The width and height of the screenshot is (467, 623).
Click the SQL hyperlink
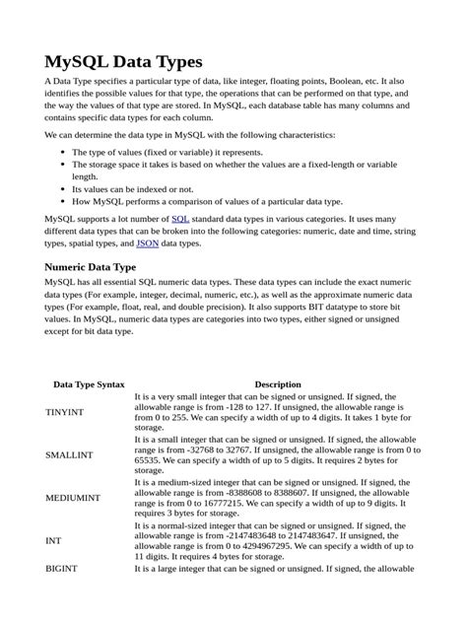180,218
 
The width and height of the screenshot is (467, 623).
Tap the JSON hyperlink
147,242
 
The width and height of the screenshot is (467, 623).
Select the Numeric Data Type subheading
91,266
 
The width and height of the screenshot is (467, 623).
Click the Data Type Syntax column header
89,384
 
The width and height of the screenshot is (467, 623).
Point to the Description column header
278,384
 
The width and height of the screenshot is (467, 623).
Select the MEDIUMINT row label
72,498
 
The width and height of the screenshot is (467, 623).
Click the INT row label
53,541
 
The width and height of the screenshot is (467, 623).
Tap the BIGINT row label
62,569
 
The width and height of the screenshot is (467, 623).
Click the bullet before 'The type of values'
63,153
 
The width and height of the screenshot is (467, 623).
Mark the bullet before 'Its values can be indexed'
63,188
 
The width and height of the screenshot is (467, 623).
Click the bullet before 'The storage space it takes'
63,165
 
